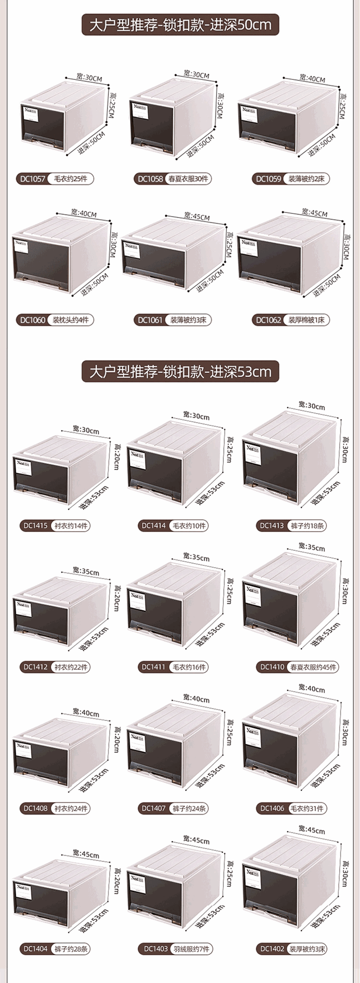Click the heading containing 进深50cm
pos(180,25)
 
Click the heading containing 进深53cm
pos(180,371)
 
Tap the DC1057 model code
pos(32,179)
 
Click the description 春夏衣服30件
pos(188,179)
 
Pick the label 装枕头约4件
pos(71,320)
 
